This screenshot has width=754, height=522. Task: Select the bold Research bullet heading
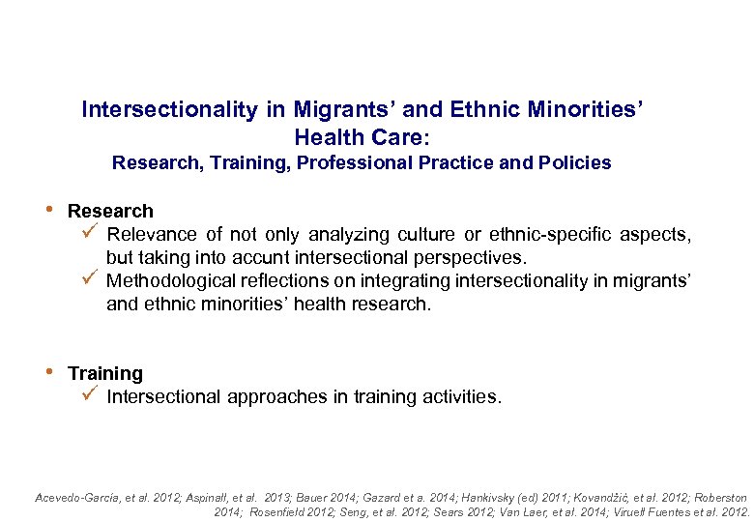click(110, 211)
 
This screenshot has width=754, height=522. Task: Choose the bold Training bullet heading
click(105, 373)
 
